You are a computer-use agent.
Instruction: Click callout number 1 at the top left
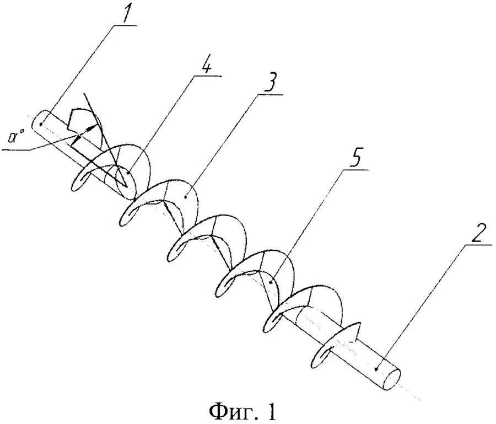coord(127,14)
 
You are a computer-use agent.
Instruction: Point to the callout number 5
coord(356,158)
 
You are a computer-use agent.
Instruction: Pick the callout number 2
coord(476,237)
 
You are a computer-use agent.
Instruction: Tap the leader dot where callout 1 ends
coord(41,124)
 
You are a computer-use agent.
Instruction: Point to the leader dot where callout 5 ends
coord(270,282)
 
